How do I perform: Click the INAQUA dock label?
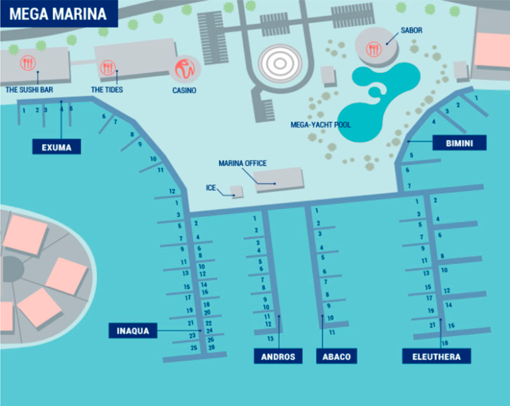[x=133, y=330]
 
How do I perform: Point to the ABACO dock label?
[x=337, y=357]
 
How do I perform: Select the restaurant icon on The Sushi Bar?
[x=28, y=64]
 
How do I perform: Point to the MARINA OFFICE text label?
[x=242, y=163]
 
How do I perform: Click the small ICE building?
[x=236, y=191]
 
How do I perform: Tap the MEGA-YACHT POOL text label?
[x=321, y=124]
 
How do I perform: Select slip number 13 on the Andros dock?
[x=270, y=338]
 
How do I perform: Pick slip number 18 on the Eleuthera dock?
[x=445, y=342]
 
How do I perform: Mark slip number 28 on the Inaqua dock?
[x=211, y=347]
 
